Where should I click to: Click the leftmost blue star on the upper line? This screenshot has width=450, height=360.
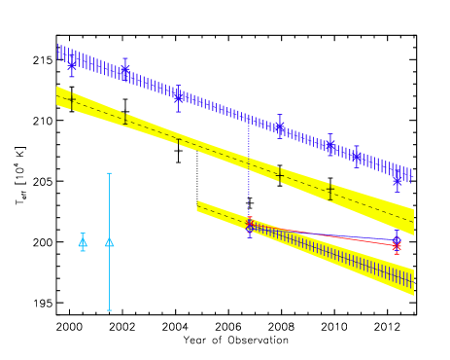(x=72, y=63)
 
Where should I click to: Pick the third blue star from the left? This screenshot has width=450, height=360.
(x=178, y=95)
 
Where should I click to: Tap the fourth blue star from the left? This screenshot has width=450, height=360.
(x=280, y=126)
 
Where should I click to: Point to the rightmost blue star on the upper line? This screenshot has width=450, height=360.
(x=398, y=180)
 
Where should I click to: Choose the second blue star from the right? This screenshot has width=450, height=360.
(x=356, y=156)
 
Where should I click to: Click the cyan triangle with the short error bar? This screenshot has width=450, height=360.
(x=83, y=242)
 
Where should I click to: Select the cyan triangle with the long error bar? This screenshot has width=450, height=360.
(x=109, y=241)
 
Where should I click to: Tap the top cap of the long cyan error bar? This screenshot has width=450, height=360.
(x=109, y=173)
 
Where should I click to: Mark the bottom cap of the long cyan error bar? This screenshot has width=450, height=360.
(x=109, y=310)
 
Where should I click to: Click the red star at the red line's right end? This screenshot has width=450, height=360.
(x=397, y=246)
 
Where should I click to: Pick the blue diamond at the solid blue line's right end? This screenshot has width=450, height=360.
(x=397, y=238)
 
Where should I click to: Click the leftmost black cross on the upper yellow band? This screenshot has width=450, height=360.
(x=71, y=99)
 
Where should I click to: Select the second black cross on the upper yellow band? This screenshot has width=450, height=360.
(x=124, y=119)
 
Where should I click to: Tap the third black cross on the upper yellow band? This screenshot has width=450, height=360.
(x=178, y=141)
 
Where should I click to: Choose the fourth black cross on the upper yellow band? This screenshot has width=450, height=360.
(x=280, y=175)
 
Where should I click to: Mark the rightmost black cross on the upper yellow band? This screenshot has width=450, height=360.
(x=330, y=192)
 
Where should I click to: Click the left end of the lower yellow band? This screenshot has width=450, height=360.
(x=197, y=205)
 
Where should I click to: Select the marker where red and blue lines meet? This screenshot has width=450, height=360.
(x=250, y=226)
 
